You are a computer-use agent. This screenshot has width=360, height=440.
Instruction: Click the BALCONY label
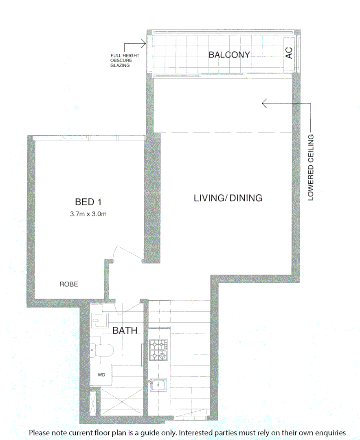tap(229, 55)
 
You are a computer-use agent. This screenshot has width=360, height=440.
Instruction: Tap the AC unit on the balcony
tap(289, 53)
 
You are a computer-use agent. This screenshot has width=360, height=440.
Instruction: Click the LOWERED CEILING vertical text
tap(311, 167)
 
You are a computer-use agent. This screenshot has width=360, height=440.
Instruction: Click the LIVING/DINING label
tap(228, 198)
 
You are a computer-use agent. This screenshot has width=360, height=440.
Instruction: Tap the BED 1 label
tap(88, 202)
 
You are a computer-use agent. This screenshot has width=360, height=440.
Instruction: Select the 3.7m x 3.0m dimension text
tap(88, 214)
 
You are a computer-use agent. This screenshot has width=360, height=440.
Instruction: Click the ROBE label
tap(68, 284)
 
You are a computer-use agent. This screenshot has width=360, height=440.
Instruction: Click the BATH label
tap(125, 330)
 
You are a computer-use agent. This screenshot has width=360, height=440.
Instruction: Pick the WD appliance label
tap(101, 374)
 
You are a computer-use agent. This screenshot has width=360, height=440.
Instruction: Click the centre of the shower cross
tap(121, 403)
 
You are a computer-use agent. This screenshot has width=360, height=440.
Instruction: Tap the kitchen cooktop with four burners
tap(158, 350)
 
